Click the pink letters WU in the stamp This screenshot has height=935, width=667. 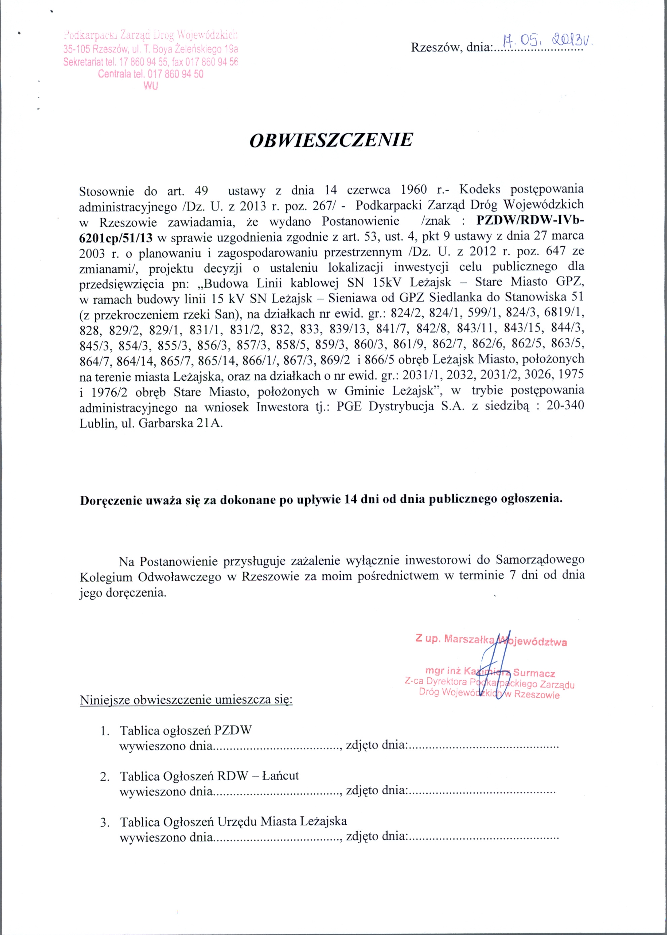click(x=151, y=86)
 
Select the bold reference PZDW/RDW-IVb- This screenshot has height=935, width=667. click(x=530, y=221)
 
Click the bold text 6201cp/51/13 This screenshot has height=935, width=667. click(x=116, y=237)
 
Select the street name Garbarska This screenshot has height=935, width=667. click(x=166, y=423)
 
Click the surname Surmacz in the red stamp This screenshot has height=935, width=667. click(x=534, y=673)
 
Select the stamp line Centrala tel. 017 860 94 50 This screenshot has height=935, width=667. click(x=151, y=74)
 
